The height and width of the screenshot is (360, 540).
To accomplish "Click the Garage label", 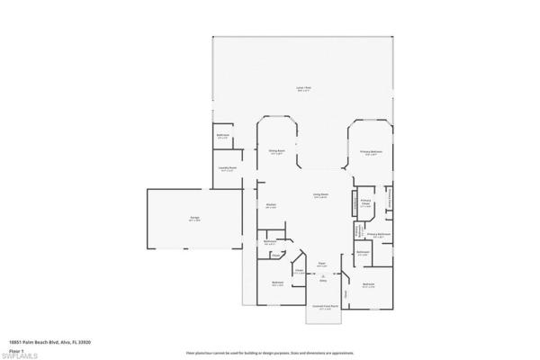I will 194,219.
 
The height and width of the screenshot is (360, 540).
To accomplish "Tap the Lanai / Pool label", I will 303,88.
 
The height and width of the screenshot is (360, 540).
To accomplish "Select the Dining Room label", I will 277,151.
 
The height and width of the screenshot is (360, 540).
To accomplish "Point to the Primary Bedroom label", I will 372,152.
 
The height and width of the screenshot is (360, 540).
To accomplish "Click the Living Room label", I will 320,195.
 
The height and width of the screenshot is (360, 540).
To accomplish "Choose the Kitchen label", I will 270,205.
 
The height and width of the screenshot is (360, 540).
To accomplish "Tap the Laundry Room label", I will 227,168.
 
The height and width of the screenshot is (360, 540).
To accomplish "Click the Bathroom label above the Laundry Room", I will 223,136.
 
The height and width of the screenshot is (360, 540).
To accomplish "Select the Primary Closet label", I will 366,203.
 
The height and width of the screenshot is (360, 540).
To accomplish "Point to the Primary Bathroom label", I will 379,234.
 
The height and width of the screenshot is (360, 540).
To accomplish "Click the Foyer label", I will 321,265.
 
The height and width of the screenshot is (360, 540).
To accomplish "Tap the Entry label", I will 322,281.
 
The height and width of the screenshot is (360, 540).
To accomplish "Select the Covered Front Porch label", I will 325,305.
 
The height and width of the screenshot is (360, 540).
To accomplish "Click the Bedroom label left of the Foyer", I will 278,283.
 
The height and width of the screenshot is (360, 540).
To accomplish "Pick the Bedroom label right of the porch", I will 368,285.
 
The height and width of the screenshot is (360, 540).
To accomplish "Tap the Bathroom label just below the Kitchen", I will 269,242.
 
